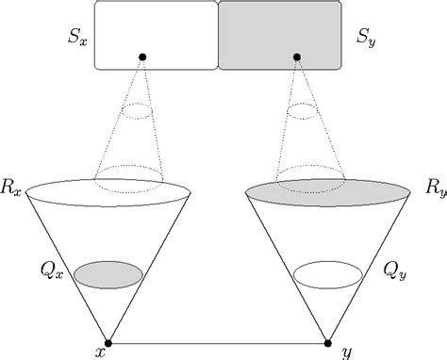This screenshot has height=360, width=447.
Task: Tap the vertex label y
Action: tap(348, 352)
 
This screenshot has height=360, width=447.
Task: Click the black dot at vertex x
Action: tap(108, 342)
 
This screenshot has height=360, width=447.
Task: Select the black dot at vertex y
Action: tap(329, 342)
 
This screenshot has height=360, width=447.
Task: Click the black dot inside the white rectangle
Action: tap(142, 57)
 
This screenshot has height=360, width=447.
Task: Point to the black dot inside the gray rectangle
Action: tap(297, 57)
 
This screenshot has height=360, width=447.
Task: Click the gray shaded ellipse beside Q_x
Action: tap(108, 274)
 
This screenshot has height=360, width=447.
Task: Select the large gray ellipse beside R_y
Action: tap(327, 191)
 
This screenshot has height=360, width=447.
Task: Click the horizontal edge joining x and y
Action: tap(218, 342)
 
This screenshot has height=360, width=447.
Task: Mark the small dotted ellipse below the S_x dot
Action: tap(141, 111)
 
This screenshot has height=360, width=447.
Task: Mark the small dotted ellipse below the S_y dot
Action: tap(299, 111)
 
